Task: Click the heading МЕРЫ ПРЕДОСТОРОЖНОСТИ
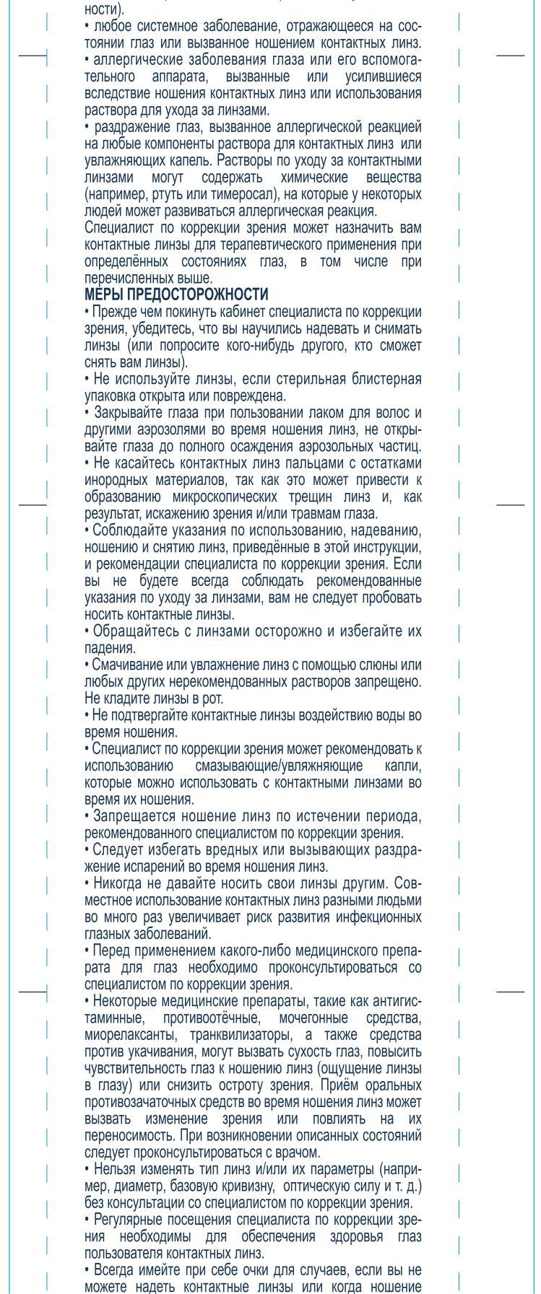176,294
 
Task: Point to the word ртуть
164,195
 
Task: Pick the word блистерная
386,379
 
